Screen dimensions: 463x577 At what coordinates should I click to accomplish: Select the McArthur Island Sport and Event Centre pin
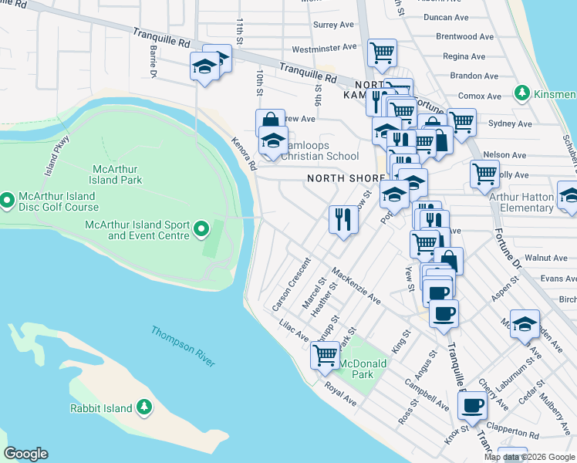point(201,228)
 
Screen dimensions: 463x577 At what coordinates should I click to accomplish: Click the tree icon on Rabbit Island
point(143,407)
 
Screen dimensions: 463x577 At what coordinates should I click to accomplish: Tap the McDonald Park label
point(357,368)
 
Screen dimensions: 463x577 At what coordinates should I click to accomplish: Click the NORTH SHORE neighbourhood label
point(345,178)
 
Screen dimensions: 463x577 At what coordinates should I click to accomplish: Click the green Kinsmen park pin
point(522,93)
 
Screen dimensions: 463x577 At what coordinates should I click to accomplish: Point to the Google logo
point(25,454)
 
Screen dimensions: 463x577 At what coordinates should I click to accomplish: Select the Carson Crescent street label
point(291,285)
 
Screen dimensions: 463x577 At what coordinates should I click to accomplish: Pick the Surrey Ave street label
point(334,25)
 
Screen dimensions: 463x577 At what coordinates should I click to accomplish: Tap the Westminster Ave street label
point(324,47)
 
